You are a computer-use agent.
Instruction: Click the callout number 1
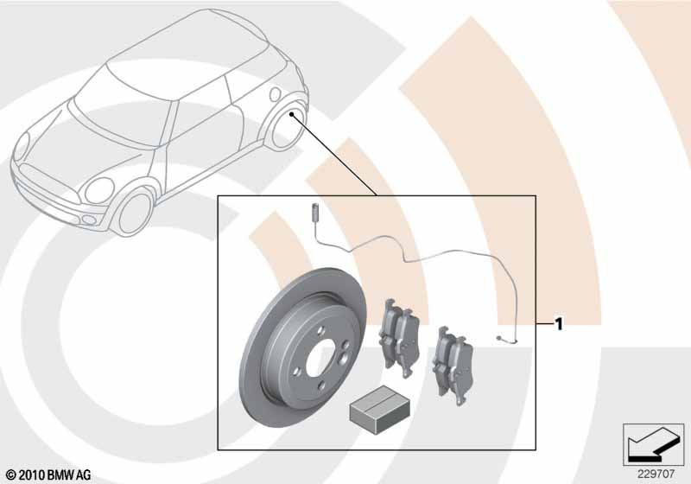(x=559, y=324)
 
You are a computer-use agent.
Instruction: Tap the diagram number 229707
(x=656, y=474)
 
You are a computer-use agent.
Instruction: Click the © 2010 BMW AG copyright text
(x=49, y=475)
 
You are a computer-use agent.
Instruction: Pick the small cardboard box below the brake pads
(x=380, y=409)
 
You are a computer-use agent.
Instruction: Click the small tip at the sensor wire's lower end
(x=499, y=339)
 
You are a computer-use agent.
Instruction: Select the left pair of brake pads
(x=399, y=337)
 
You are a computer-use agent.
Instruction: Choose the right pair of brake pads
(x=453, y=366)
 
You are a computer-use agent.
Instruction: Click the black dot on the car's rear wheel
(x=291, y=115)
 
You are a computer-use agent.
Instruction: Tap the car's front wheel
(x=135, y=213)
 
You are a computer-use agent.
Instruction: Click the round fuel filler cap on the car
(x=275, y=94)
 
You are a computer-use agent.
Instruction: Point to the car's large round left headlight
(x=100, y=190)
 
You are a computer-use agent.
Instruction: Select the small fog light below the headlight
(x=90, y=220)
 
